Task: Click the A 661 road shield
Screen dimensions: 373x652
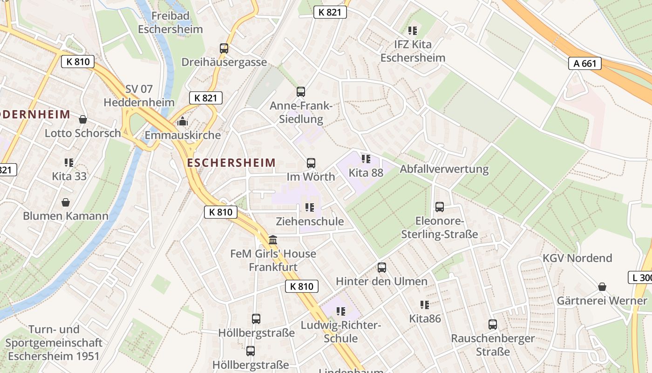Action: (584, 63)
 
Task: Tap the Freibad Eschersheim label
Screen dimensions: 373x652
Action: (170, 22)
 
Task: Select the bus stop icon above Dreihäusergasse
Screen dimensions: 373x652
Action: (224, 48)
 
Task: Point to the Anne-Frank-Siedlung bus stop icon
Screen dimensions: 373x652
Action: (301, 92)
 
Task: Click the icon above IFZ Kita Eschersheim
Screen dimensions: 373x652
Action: (412, 31)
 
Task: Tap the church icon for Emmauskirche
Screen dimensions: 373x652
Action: (183, 122)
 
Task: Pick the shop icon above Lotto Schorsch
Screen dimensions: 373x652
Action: (83, 119)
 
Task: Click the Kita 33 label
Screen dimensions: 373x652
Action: (69, 176)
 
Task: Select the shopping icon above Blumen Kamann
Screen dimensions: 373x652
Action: (66, 202)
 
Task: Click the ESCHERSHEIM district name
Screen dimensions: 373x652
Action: (231, 163)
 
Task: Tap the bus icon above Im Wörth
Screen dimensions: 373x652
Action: (311, 163)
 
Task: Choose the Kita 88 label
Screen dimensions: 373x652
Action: (366, 173)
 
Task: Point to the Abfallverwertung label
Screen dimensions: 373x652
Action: (444, 169)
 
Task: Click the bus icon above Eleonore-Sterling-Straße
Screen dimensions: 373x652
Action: (440, 207)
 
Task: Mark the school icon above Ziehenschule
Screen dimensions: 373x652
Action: (310, 207)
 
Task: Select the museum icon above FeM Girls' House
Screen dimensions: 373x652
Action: (273, 240)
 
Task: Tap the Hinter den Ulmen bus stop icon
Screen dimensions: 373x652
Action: (382, 268)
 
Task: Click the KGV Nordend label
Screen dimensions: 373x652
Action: (577, 258)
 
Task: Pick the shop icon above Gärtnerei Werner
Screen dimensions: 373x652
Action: (602, 286)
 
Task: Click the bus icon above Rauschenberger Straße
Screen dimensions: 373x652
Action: (493, 324)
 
